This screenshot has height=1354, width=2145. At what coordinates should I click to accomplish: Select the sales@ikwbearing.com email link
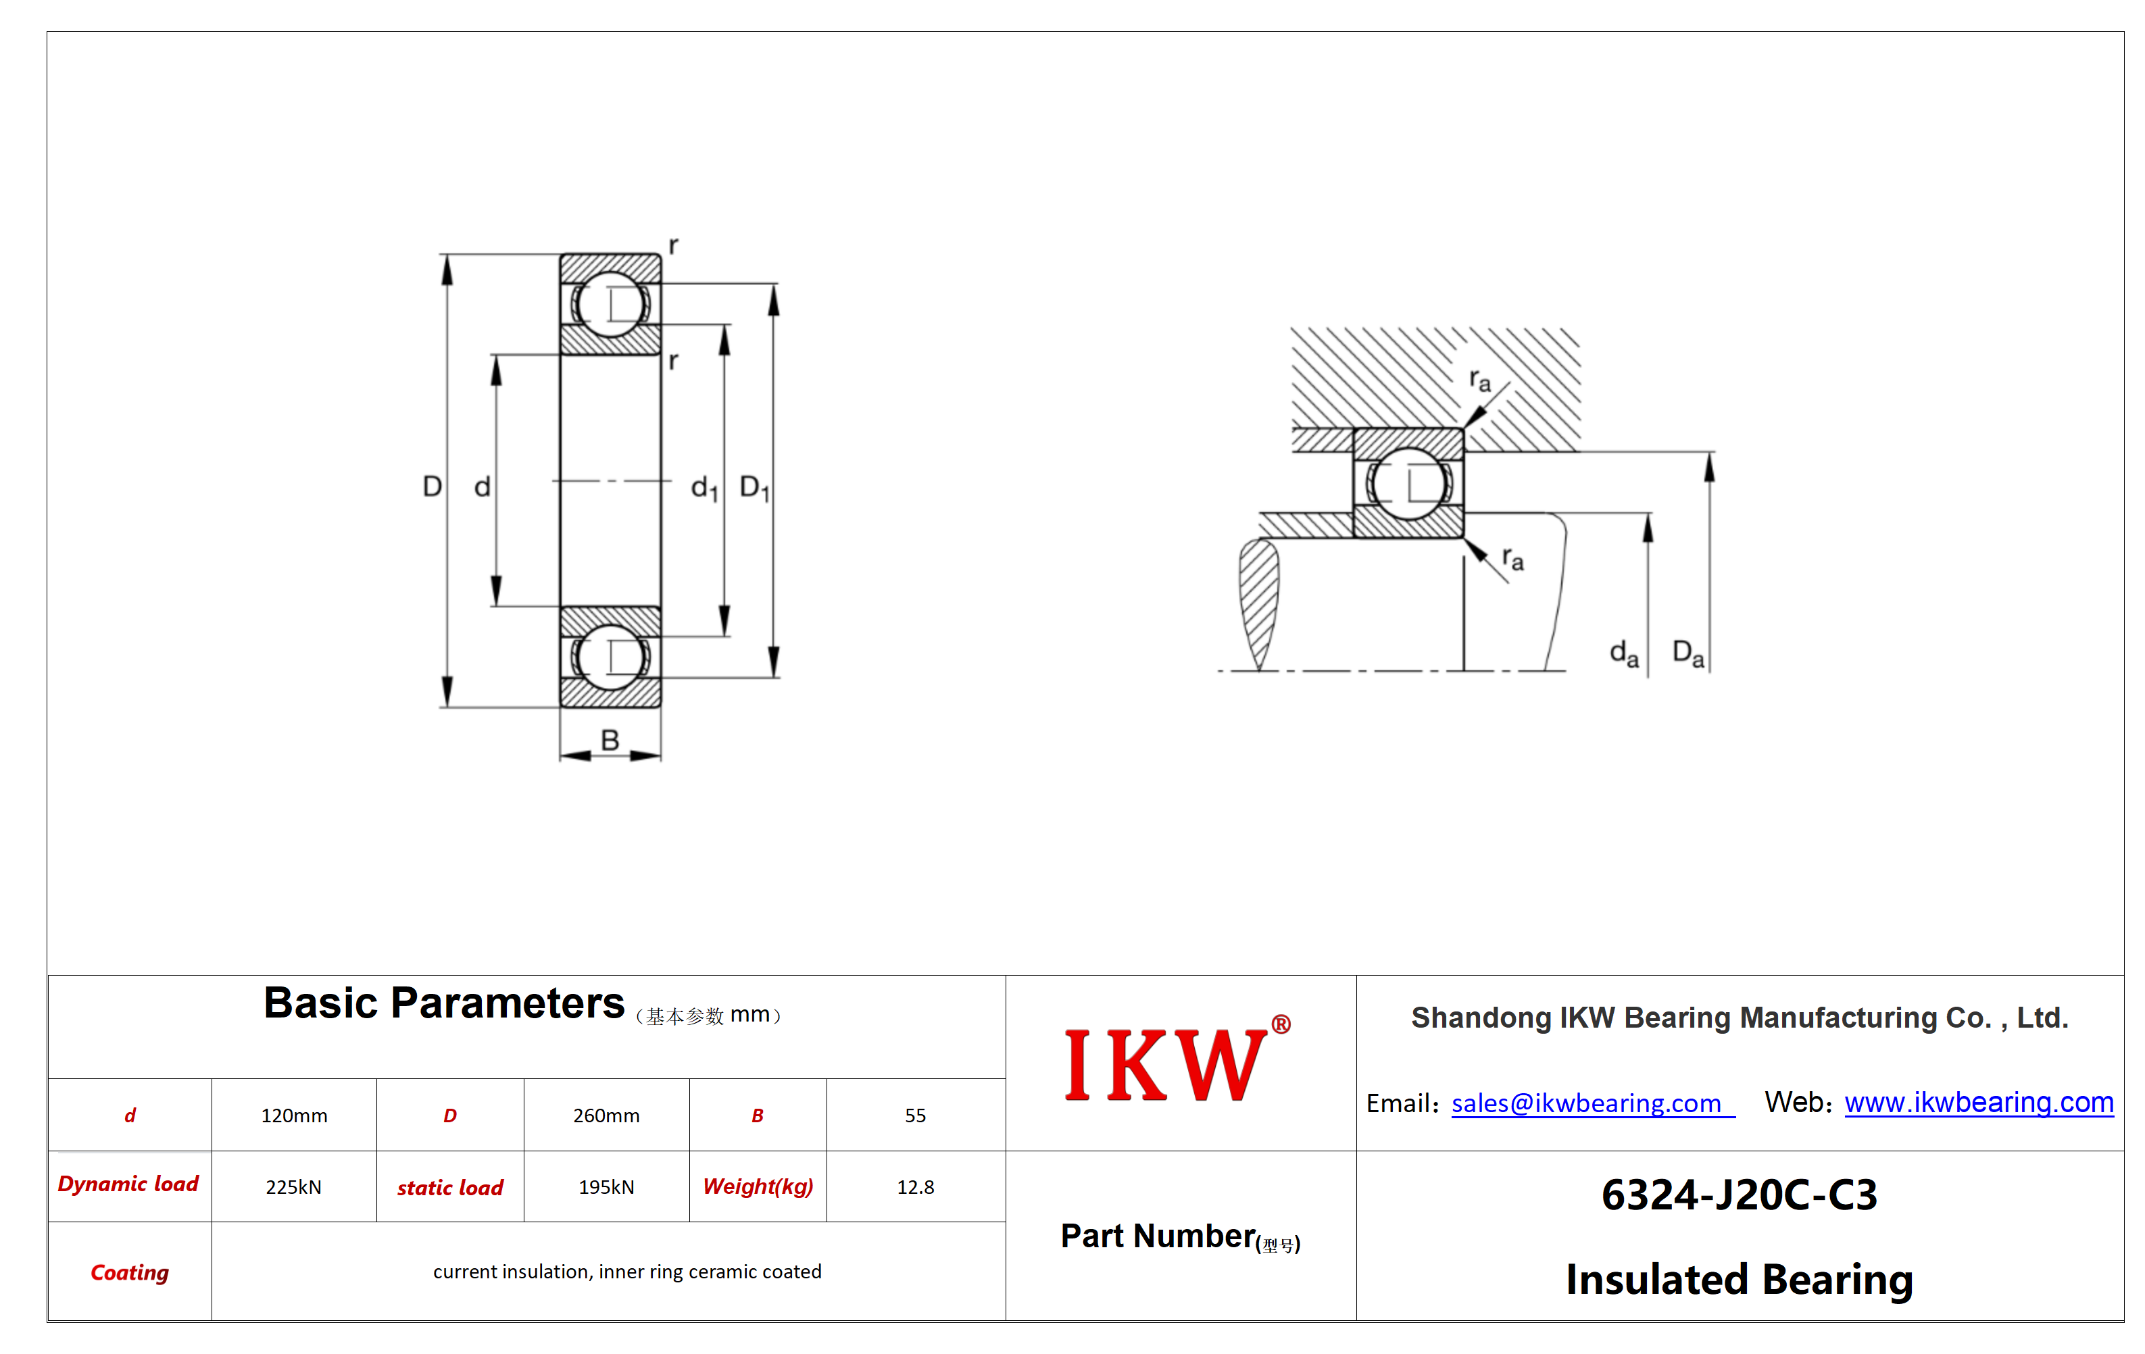pyautogui.click(x=1593, y=1104)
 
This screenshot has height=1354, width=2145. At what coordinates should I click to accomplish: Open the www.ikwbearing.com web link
pyautogui.click(x=1979, y=1103)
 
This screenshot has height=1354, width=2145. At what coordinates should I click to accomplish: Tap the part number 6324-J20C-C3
pyautogui.click(x=1739, y=1195)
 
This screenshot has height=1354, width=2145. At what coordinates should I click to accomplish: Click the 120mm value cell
pyautogui.click(x=294, y=1116)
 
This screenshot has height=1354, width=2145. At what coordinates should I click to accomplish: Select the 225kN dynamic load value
pyautogui.click(x=293, y=1187)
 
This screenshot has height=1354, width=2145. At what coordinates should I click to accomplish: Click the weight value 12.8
pyautogui.click(x=915, y=1187)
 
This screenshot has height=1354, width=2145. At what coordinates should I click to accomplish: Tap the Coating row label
pyautogui.click(x=130, y=1272)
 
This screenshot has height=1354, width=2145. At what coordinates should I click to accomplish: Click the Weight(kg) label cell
pyautogui.click(x=758, y=1186)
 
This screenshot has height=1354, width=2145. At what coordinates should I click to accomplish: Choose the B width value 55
pyautogui.click(x=915, y=1116)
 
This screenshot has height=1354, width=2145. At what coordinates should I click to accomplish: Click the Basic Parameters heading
pyautogui.click(x=443, y=1004)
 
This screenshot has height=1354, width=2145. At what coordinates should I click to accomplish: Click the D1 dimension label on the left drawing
pyautogui.click(x=754, y=488)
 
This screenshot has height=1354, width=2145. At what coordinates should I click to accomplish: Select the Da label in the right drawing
pyautogui.click(x=1688, y=654)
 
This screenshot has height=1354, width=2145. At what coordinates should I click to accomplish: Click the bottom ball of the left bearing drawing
pyautogui.click(x=610, y=657)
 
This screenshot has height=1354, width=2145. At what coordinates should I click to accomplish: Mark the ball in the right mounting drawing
pyautogui.click(x=1408, y=484)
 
